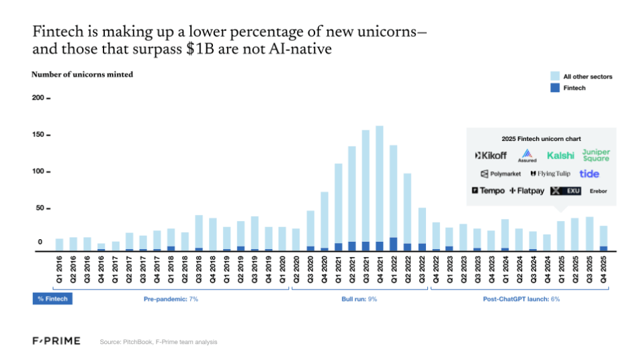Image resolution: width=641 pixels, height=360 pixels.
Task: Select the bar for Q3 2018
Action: tap(199, 232)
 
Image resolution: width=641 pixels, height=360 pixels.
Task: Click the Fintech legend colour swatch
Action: tap(554, 88)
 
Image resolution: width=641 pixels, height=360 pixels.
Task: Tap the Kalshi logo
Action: tap(560, 156)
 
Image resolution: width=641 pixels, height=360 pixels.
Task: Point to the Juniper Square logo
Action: tap(595, 155)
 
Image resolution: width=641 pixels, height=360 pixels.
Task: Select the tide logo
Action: tap(589, 174)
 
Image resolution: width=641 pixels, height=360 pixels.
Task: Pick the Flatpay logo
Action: tap(527, 191)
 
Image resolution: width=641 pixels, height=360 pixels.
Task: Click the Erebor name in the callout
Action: tap(598, 191)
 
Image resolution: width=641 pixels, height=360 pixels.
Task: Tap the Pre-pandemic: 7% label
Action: tap(171, 298)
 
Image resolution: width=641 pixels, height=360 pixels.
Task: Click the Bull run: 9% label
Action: tap(359, 298)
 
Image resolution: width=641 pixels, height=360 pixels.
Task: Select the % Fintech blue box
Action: tap(52, 298)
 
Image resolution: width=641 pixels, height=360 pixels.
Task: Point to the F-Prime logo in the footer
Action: tap(56, 341)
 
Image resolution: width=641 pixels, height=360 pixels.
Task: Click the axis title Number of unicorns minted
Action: tap(82, 75)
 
